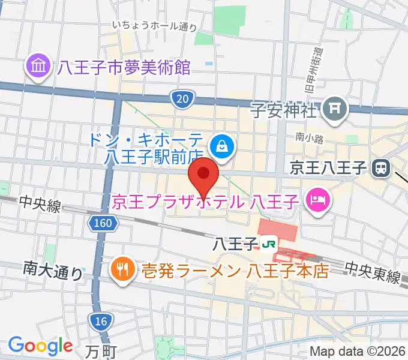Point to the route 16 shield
[102, 322]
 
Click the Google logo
[40, 346]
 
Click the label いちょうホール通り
[155, 26]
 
